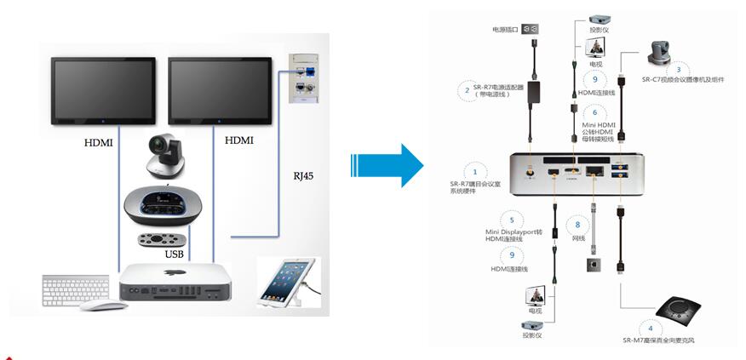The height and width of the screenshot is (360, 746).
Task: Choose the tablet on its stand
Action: tap(287, 279)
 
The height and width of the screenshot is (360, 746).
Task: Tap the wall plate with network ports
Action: tap(301, 78)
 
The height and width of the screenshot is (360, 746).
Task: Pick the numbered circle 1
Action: tap(474, 170)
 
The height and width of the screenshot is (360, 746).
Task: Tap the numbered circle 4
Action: tap(651, 327)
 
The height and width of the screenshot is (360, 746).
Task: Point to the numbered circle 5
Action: tap(512, 219)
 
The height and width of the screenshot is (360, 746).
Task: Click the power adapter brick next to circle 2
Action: tap(535, 90)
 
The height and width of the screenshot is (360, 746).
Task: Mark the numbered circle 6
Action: tap(594, 111)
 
